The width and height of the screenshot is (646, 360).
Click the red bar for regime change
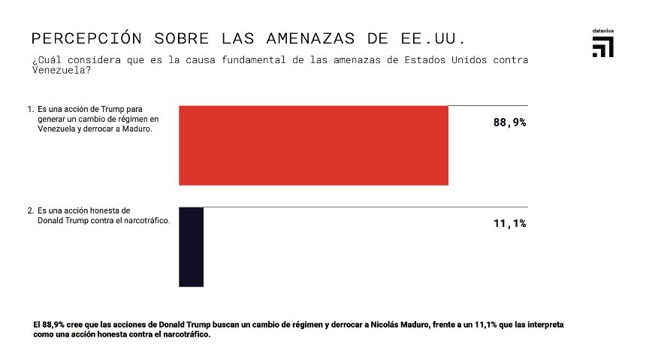(313, 145)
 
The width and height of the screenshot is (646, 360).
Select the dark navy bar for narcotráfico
(191, 247)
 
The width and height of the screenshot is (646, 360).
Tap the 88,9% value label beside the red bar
(509, 123)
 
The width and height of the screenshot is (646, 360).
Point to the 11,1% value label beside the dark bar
(509, 223)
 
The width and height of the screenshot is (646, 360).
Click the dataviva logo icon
(602, 47)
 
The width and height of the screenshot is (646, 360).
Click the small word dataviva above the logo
(602, 31)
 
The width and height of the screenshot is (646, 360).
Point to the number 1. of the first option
(30, 109)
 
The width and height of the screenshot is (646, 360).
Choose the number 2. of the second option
(30, 211)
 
